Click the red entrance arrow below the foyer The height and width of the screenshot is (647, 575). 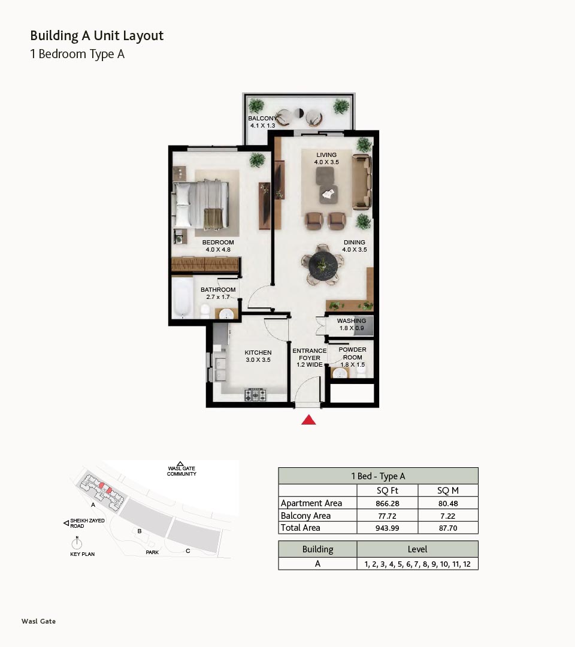click(x=308, y=420)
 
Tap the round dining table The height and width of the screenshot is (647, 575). click(x=323, y=265)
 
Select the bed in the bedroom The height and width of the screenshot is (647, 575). click(x=201, y=204)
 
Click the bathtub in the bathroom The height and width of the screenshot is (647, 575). click(x=182, y=297)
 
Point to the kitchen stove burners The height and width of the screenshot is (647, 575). click(x=256, y=395)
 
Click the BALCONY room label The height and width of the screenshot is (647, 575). click(x=262, y=119)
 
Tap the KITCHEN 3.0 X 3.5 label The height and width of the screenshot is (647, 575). click(x=258, y=356)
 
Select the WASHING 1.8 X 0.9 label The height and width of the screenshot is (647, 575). click(x=352, y=324)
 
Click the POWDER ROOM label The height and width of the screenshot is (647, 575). click(x=352, y=353)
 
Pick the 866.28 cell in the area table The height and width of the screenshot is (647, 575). click(x=388, y=503)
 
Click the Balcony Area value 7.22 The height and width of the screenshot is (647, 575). click(x=448, y=516)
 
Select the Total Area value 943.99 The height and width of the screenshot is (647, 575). click(x=388, y=528)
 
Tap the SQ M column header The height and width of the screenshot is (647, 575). click(x=448, y=491)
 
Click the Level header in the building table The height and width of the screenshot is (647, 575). click(x=417, y=549)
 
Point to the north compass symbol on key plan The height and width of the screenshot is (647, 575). click(x=77, y=543)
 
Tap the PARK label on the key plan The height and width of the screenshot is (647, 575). click(x=152, y=552)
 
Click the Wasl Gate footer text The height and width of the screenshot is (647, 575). click(x=39, y=621)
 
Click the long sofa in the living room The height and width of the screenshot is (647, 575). click(x=361, y=182)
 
